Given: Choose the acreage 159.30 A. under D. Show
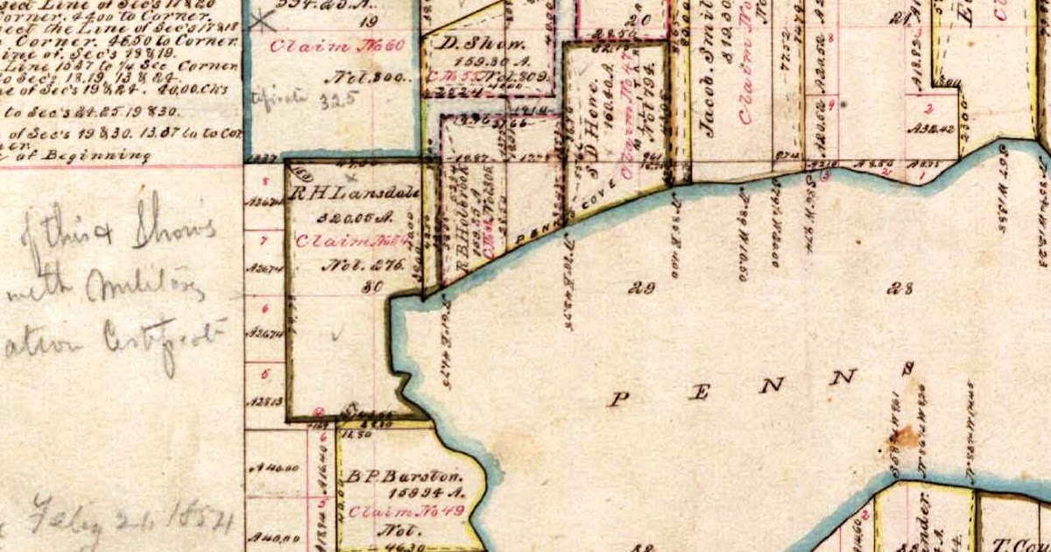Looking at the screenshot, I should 475,62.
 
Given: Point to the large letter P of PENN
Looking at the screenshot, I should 620,399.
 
